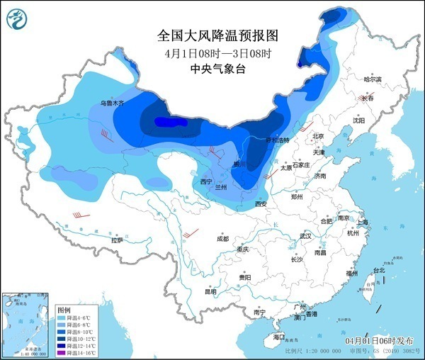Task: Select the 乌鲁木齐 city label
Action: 111,103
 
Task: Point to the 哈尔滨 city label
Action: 373,79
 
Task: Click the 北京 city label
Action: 318,136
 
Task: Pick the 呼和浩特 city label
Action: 278,140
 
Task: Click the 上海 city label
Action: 362,222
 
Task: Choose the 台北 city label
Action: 379,270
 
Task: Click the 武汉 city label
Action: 305,235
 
